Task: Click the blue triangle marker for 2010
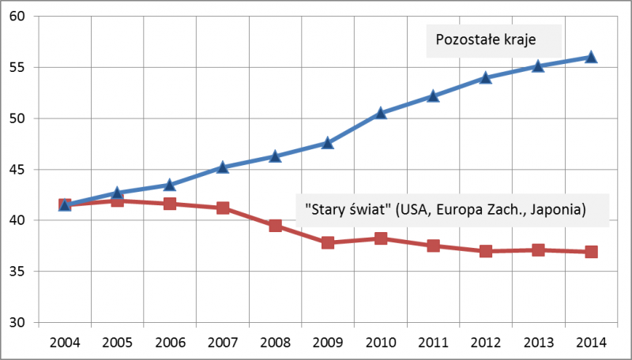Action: pos(381,113)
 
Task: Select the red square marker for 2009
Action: pos(328,242)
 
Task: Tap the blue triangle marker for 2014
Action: pos(591,57)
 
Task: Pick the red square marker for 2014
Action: pos(591,252)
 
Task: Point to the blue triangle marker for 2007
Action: pos(223,167)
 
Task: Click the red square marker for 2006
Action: pos(170,204)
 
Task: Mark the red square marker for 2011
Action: pos(433,246)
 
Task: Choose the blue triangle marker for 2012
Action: pos(486,77)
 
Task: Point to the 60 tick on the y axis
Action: pos(18,17)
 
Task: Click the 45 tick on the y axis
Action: pos(18,170)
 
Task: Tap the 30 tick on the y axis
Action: pos(18,323)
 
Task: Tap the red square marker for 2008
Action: pos(275,225)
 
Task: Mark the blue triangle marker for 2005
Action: pos(117,193)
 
